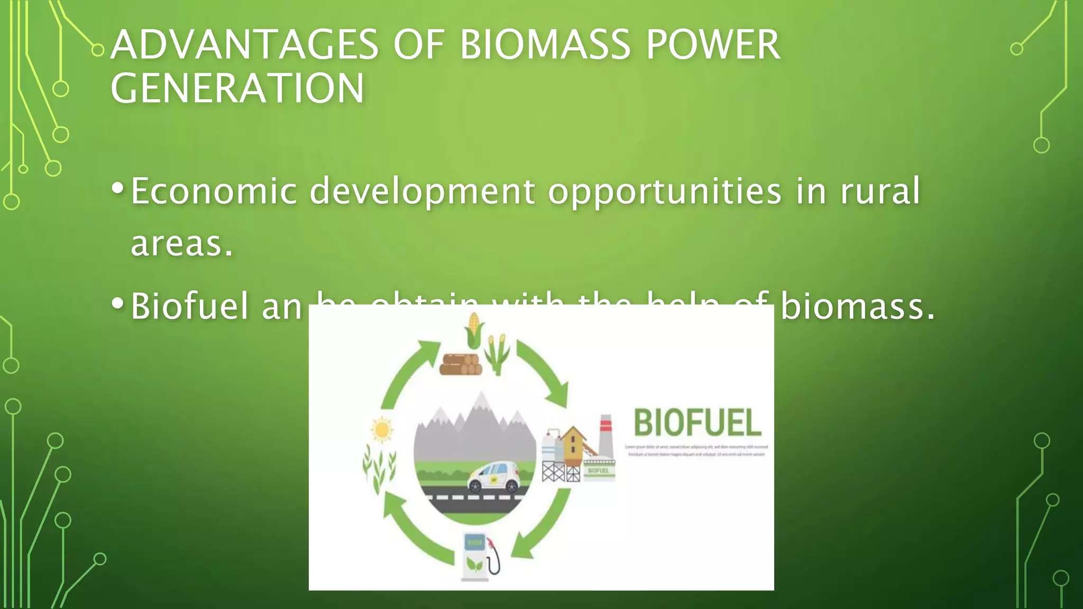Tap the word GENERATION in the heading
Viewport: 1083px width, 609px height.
click(237, 88)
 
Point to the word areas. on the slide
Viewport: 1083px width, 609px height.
click(182, 244)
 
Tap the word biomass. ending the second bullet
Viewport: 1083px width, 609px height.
click(858, 306)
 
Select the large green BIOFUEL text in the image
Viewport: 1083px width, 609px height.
click(697, 423)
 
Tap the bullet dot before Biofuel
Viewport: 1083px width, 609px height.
click(118, 303)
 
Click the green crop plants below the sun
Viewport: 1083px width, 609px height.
click(379, 468)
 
